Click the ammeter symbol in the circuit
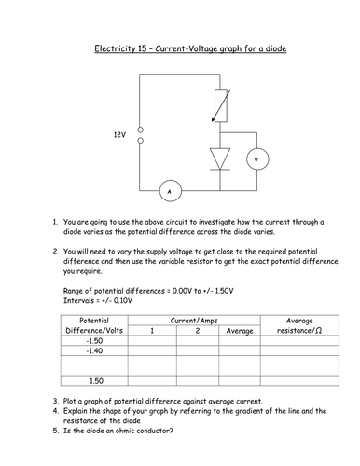pyautogui.click(x=169, y=193)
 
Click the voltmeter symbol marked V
pyautogui.click(x=255, y=159)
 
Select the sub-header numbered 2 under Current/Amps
pyautogui.click(x=198, y=331)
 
